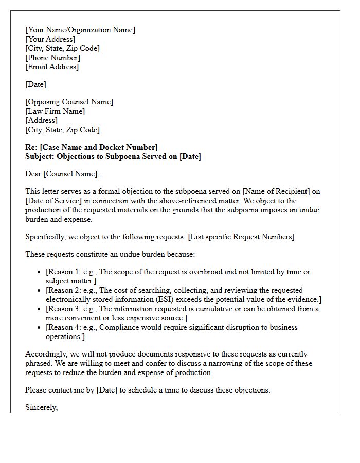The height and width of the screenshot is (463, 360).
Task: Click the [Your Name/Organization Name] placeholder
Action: pyautogui.click(x=80, y=30)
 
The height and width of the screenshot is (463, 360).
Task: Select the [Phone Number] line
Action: pyautogui.click(x=52, y=58)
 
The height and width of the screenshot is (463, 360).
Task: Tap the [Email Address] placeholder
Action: pyautogui.click(x=52, y=67)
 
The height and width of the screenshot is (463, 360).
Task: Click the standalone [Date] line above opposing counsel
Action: pyautogui.click(x=35, y=84)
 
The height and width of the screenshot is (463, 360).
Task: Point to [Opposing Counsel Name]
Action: pyautogui.click(x=69, y=102)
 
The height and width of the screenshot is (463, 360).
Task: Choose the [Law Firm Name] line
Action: pyautogui.click(x=55, y=111)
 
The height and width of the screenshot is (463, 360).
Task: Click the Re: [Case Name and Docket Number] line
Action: pyautogui.click(x=92, y=147)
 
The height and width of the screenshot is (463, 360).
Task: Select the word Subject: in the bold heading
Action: pyautogui.click(x=40, y=156)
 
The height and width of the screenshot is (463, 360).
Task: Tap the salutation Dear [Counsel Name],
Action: pyautogui.click(x=62, y=174)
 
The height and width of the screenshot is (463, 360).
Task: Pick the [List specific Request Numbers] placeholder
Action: pyautogui.click(x=242, y=237)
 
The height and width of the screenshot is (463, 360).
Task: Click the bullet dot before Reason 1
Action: pyautogui.click(x=40, y=272)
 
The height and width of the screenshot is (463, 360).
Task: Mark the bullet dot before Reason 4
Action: pyautogui.click(x=40, y=328)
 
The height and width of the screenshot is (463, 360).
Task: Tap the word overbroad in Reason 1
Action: pyautogui.click(x=211, y=272)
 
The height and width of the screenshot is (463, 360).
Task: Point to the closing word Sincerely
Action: pyautogui.click(x=41, y=407)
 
